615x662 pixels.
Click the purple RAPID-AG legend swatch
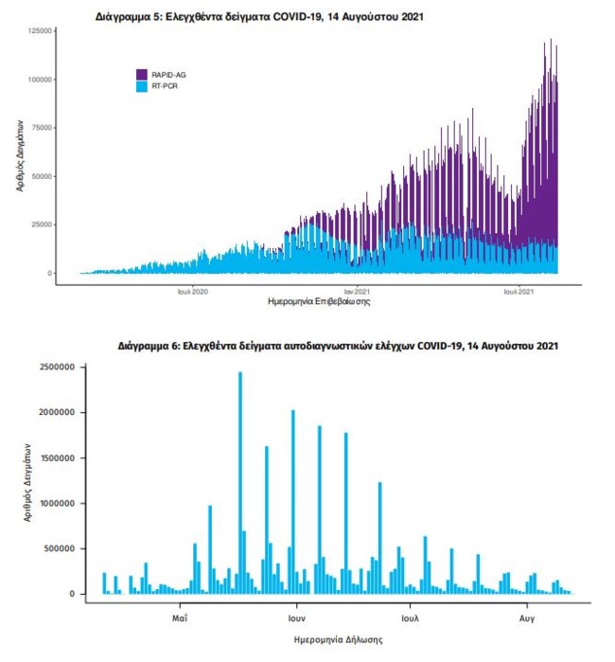click(x=142, y=74)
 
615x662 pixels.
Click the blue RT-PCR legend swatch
click(x=142, y=86)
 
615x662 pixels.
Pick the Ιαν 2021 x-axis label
click(x=357, y=291)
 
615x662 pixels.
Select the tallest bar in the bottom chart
click(x=240, y=483)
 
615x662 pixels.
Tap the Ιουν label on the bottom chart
click(x=295, y=617)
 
